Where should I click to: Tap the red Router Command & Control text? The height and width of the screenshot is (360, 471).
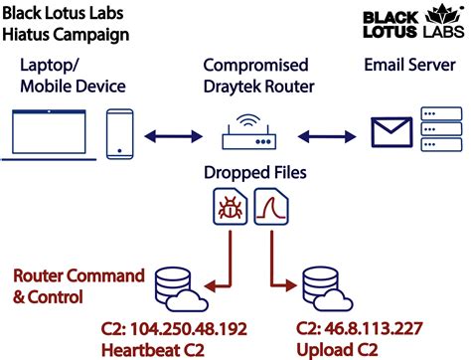click(x=78, y=284)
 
